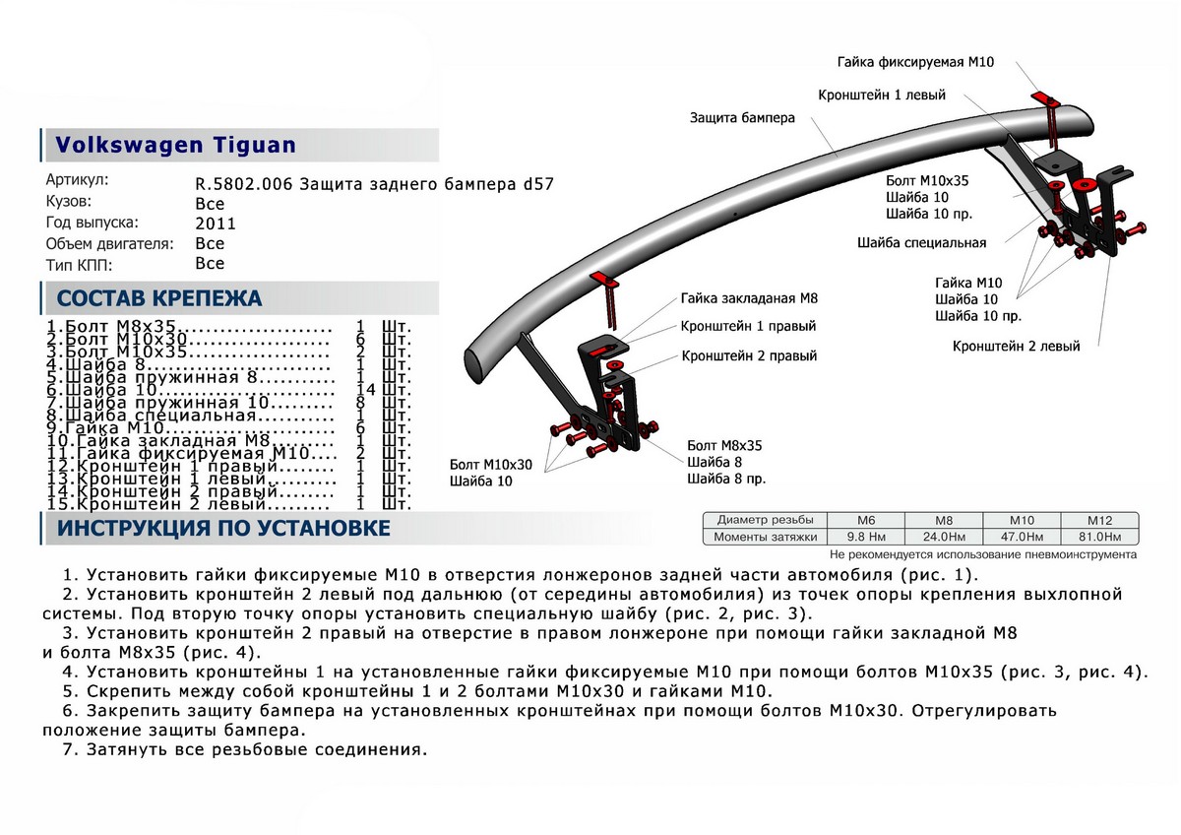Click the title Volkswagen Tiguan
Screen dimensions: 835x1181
[x=175, y=145]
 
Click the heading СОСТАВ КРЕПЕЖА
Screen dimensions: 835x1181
[x=159, y=299]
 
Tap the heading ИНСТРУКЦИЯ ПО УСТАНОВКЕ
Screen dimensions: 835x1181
[x=223, y=529]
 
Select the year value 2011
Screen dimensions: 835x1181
[x=216, y=224]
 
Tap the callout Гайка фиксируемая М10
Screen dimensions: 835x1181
[x=916, y=62]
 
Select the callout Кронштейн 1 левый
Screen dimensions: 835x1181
[x=882, y=96]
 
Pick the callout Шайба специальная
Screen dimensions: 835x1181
[x=921, y=242]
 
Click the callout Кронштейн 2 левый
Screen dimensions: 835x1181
[x=1016, y=347]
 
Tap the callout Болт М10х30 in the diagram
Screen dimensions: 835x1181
[x=490, y=464]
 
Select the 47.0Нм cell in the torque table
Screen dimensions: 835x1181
[x=1024, y=537]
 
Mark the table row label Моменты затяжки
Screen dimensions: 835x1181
[x=768, y=537]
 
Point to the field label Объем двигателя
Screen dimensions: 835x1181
[x=109, y=243]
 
